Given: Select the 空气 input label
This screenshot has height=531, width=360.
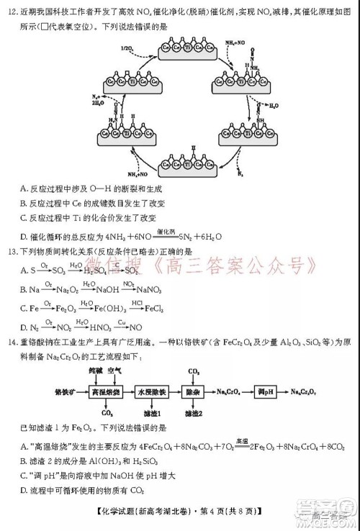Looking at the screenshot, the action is pos(114,371).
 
